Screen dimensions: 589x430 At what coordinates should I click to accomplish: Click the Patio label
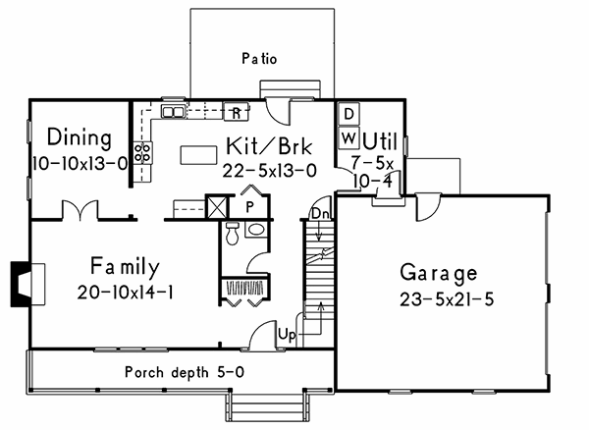coord(259,59)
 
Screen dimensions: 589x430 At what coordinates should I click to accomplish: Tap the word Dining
coord(80,137)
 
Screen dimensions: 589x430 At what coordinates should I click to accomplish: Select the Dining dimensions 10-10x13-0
coord(80,164)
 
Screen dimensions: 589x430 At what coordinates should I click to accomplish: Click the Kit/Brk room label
coord(269,146)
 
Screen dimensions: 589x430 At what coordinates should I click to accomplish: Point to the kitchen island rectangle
coord(198,155)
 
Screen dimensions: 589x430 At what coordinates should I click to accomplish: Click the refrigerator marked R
coord(237,111)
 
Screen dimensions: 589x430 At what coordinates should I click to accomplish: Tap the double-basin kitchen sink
coord(173,112)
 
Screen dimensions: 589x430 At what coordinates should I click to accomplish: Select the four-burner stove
coord(143,153)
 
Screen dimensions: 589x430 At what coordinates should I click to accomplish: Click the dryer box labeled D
coord(348,114)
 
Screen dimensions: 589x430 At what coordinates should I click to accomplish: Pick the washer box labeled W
coord(348,138)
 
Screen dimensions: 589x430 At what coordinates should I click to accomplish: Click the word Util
coord(380,141)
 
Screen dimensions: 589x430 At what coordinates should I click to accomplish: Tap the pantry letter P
coord(249,207)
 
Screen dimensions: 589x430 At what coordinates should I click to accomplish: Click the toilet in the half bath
coord(233,233)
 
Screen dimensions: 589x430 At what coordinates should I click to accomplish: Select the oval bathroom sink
coord(256,230)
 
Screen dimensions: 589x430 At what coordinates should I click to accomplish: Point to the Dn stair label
coord(321,214)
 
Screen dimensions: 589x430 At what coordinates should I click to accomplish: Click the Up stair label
coord(287,334)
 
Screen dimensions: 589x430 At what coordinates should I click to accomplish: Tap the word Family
coord(125,267)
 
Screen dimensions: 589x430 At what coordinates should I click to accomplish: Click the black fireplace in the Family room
coord(20,284)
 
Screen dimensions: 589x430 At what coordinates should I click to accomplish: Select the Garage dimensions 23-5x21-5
coord(447,299)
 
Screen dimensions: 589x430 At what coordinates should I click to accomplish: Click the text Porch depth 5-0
coord(185,372)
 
